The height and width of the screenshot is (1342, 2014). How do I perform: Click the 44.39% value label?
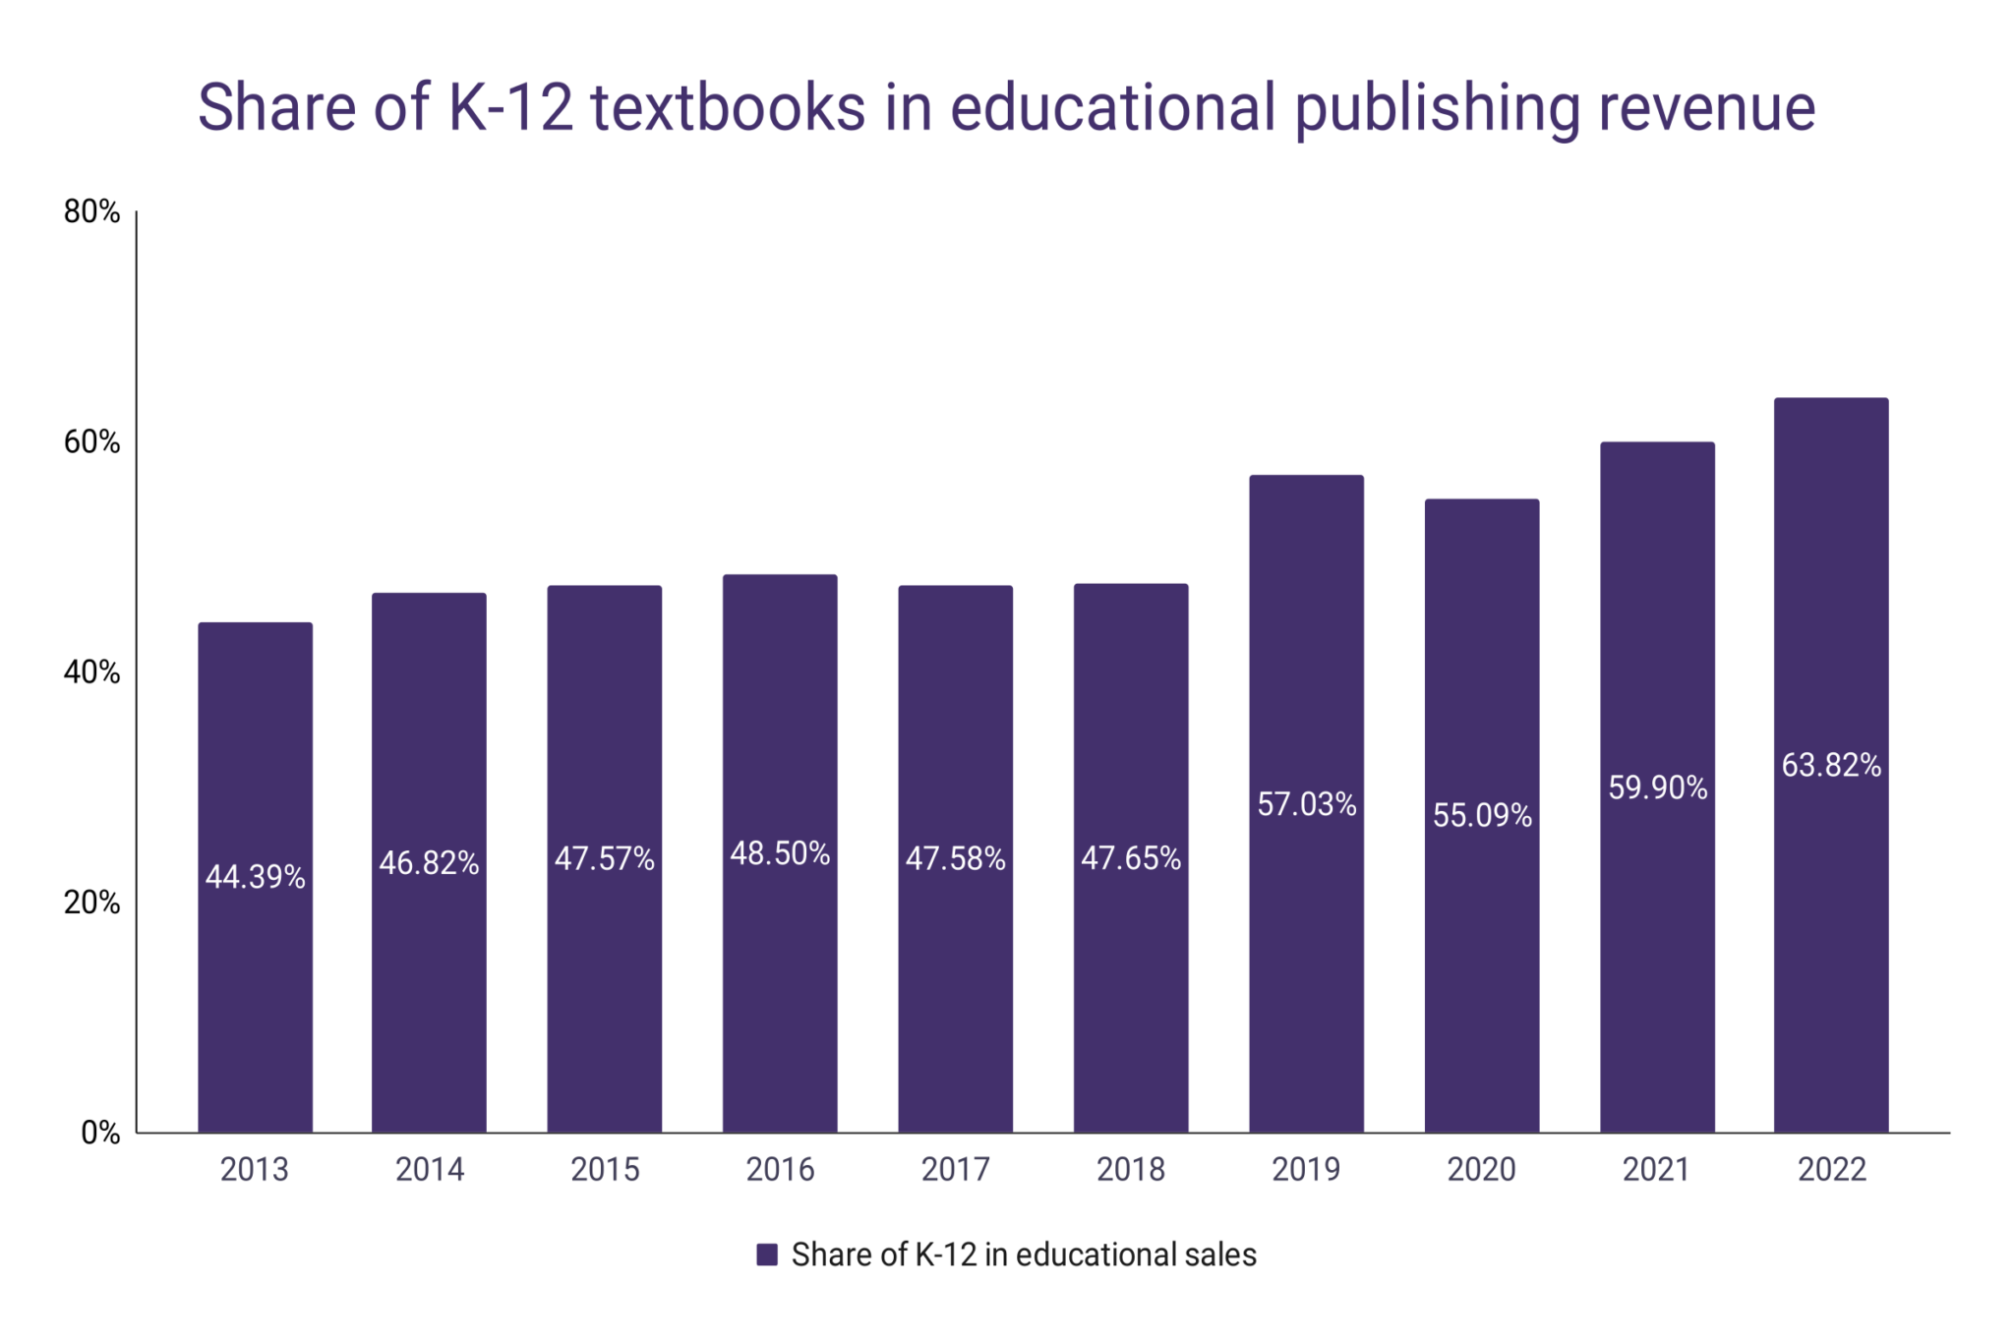click(x=255, y=876)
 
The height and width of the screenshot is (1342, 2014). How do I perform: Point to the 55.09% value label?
click(x=1482, y=815)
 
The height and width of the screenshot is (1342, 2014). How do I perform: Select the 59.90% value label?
click(x=1657, y=788)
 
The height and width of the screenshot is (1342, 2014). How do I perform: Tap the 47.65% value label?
click(x=1131, y=858)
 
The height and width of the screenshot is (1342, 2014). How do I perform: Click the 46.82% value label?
click(x=429, y=863)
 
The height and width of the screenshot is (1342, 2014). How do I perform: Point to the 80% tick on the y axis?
click(x=91, y=211)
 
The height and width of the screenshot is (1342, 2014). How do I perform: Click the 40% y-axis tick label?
click(x=91, y=672)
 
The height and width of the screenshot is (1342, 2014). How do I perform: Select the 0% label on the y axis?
click(x=100, y=1133)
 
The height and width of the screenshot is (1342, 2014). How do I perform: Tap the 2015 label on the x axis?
click(x=605, y=1169)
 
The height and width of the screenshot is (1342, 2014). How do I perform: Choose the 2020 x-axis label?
click(x=1481, y=1169)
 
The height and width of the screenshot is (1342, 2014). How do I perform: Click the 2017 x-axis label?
click(x=955, y=1169)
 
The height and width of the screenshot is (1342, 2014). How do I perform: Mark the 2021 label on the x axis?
click(x=1656, y=1169)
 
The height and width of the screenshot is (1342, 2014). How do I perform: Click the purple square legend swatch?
click(x=767, y=1254)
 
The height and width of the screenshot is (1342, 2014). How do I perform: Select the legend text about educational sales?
click(x=1024, y=1254)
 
